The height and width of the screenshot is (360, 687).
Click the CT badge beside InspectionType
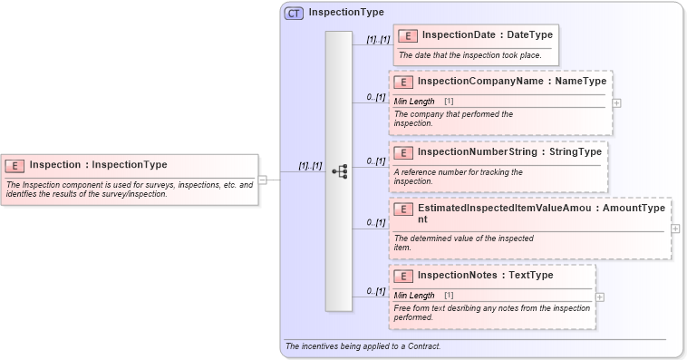[x=294, y=13]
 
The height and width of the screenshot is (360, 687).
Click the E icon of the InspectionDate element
[x=409, y=35]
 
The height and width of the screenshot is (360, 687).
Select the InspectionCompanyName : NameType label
[x=512, y=81]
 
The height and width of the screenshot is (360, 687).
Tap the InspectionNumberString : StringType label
[x=509, y=151]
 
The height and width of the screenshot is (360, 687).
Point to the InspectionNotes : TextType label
[x=485, y=275]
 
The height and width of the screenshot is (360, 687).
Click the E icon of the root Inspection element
[x=15, y=165]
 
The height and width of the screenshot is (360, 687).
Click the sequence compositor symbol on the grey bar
[x=339, y=170]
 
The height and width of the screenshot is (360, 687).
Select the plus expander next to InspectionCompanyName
[x=616, y=102]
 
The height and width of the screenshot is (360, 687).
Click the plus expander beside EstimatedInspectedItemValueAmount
[x=675, y=229]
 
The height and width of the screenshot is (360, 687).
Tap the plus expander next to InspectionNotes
[x=600, y=297]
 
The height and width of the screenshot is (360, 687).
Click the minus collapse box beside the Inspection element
[x=262, y=180]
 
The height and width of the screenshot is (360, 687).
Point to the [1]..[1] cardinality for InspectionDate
[x=378, y=40]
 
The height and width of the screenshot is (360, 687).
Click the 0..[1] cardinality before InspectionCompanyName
[x=376, y=96]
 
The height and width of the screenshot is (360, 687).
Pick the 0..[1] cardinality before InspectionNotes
[x=376, y=291]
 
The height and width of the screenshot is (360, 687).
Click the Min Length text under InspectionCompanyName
[x=414, y=101]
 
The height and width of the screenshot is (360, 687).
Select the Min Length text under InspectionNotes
[x=414, y=295]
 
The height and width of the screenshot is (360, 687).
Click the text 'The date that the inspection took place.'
[x=469, y=55]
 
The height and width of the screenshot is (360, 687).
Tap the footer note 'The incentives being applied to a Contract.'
[x=363, y=346]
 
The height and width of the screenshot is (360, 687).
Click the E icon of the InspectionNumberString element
[x=404, y=152]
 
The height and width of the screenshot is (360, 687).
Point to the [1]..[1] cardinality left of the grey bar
[x=311, y=166]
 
